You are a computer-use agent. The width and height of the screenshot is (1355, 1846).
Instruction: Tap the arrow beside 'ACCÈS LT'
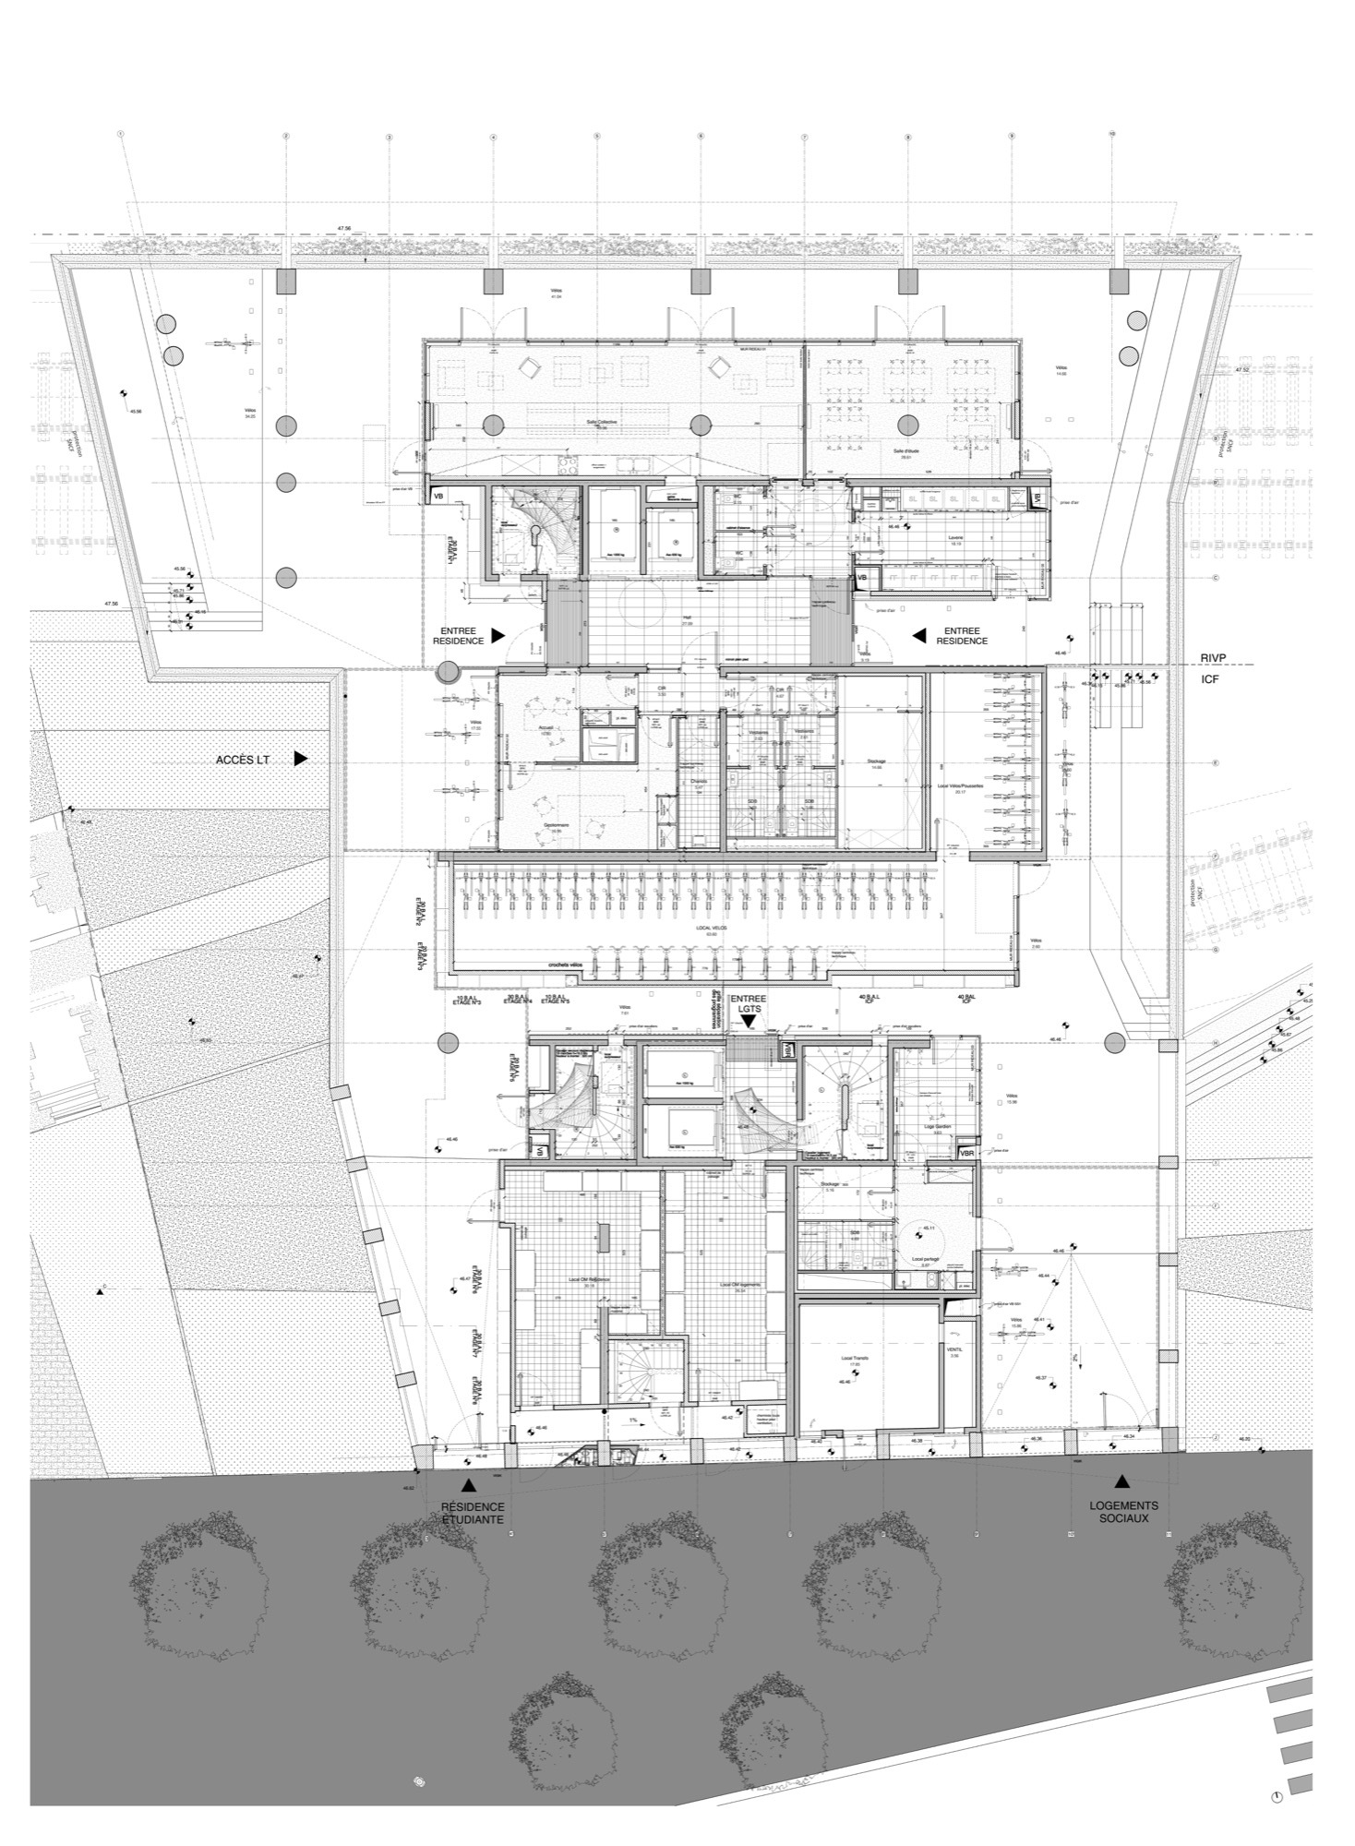coord(300,758)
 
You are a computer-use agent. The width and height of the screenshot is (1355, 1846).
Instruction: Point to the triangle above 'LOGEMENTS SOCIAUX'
coord(1121,1481)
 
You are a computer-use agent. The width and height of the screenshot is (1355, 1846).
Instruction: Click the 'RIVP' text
coord(1215,656)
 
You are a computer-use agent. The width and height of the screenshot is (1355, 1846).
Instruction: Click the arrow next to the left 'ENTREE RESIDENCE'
coord(497,635)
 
